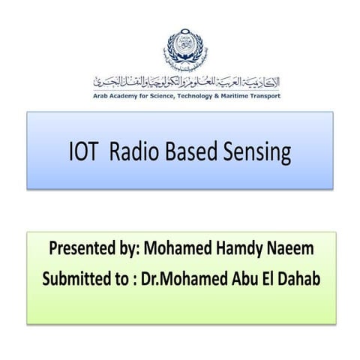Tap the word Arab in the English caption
(102, 96)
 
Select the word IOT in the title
(82, 152)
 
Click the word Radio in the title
(133, 152)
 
